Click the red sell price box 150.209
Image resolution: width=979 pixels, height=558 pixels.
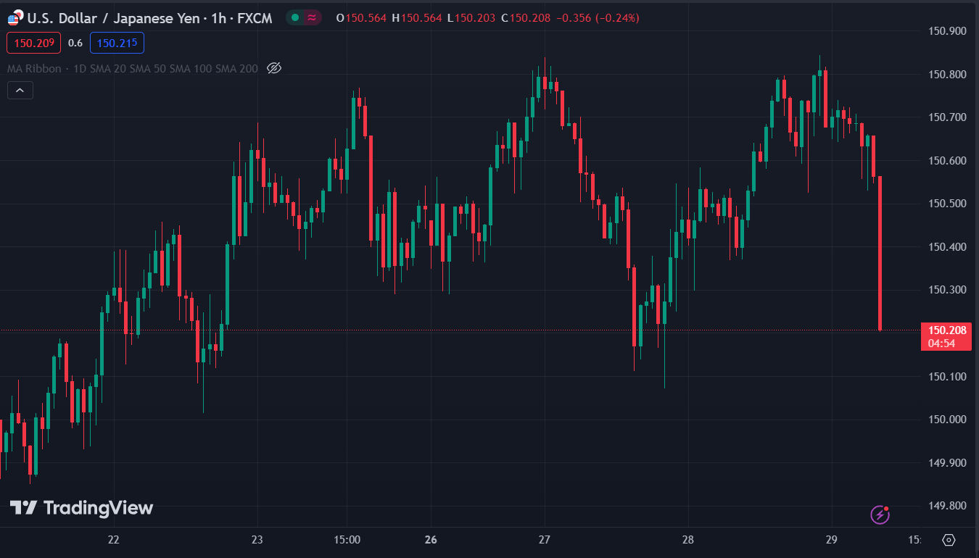tap(33, 43)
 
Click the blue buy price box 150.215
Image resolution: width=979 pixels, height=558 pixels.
tap(117, 43)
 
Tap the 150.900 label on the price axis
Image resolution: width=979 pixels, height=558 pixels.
tap(947, 31)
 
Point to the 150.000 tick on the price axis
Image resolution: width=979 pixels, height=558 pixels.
tap(947, 420)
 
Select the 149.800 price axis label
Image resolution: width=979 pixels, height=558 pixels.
tap(947, 506)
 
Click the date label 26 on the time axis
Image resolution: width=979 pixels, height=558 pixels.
tap(431, 540)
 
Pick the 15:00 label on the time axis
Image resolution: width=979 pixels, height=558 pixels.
tap(347, 540)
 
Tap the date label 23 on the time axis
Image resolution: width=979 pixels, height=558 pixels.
tap(257, 540)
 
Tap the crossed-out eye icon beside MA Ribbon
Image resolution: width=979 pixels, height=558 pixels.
tap(274, 68)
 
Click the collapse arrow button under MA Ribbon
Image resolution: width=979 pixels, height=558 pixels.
tap(20, 91)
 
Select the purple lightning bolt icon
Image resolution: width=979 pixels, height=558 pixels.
tap(880, 515)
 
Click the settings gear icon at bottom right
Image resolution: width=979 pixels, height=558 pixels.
tap(949, 540)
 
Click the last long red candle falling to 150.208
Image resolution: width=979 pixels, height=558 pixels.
tap(880, 253)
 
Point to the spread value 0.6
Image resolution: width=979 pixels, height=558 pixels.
tap(75, 43)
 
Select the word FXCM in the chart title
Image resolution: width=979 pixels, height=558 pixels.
tap(255, 18)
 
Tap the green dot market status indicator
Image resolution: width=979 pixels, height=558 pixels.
tap(295, 17)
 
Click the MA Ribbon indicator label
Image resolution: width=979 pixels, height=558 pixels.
tap(34, 69)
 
